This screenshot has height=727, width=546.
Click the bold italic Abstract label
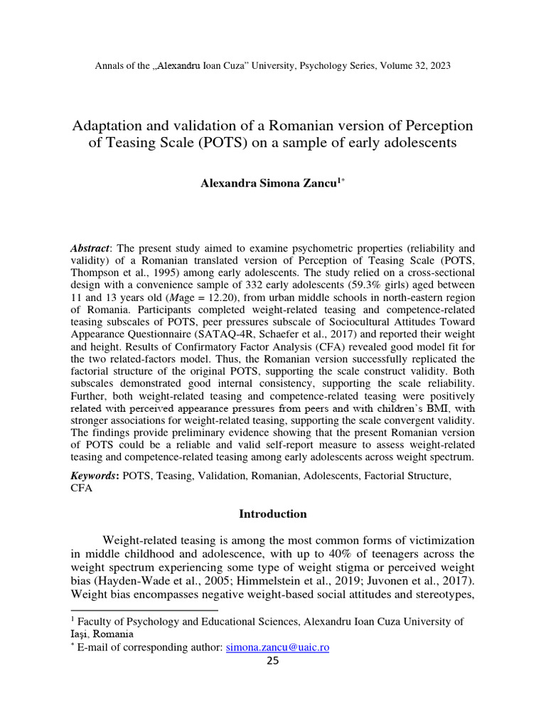90,248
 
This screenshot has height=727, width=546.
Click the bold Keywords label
95,476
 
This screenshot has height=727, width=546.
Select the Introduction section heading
272,513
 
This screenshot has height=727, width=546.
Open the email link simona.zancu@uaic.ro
277,647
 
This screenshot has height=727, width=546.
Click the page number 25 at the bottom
273,661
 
